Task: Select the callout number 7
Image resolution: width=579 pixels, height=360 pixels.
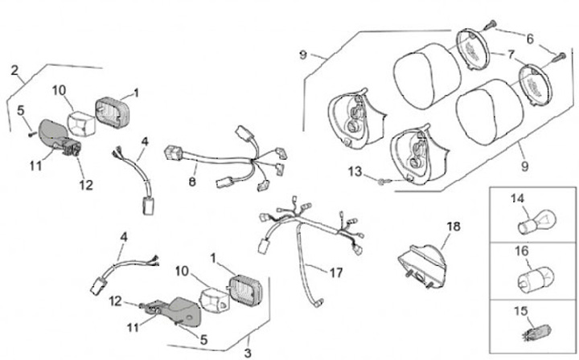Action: tap(511, 55)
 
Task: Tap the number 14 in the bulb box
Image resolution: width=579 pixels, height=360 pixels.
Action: tap(516, 197)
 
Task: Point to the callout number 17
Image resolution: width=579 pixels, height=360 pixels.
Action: tap(336, 271)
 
